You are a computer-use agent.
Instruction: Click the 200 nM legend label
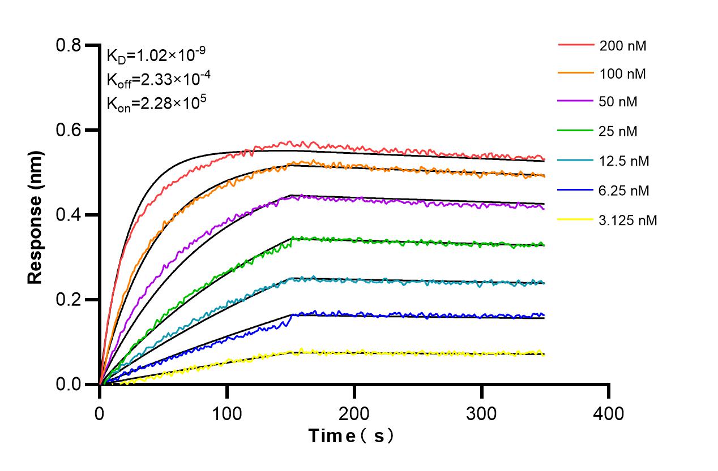(x=623, y=46)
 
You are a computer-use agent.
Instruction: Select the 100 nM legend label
(x=623, y=74)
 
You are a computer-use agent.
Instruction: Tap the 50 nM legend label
(x=618, y=103)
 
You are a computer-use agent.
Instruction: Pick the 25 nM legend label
(x=618, y=132)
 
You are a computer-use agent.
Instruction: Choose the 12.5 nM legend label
(x=624, y=161)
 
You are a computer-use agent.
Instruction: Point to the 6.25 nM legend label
(x=624, y=191)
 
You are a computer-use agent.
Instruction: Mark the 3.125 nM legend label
(x=628, y=220)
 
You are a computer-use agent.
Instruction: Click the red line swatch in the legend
(x=575, y=44)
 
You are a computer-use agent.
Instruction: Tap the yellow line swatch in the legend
(x=575, y=219)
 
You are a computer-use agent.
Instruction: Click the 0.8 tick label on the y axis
(x=69, y=45)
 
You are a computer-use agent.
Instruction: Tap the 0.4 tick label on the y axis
(x=69, y=215)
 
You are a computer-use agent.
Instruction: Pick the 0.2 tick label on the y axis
(x=69, y=300)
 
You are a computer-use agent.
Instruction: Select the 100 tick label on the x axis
(x=227, y=413)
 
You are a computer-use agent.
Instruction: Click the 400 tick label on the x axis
(x=609, y=413)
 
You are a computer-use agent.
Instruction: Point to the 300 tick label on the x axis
(x=481, y=413)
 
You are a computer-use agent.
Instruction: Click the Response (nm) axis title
(x=36, y=215)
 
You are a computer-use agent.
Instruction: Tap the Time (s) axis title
(x=351, y=437)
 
